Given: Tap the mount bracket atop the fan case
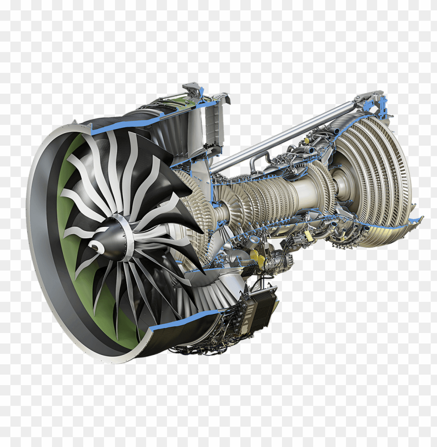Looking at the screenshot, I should coord(194,90).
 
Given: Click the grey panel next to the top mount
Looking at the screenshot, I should coord(213,120).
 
